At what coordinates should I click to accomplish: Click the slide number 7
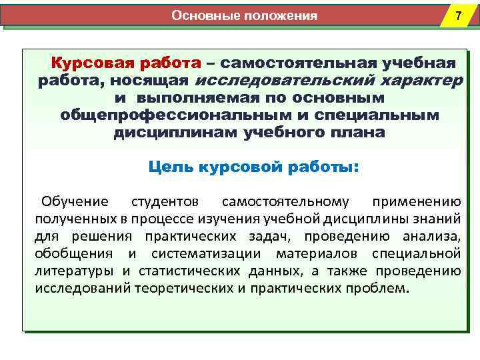(457, 16)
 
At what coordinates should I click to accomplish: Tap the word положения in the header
(279, 15)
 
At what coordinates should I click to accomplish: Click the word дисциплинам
(165, 132)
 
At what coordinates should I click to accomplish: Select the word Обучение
(74, 201)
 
